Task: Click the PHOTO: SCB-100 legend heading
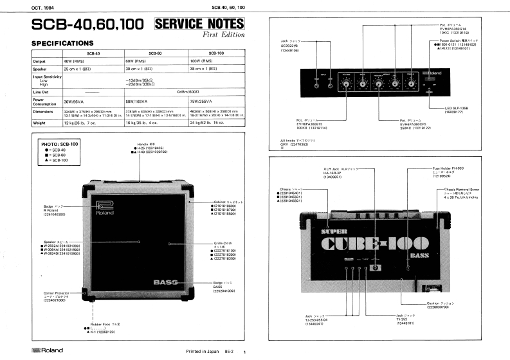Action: coord(58,145)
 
